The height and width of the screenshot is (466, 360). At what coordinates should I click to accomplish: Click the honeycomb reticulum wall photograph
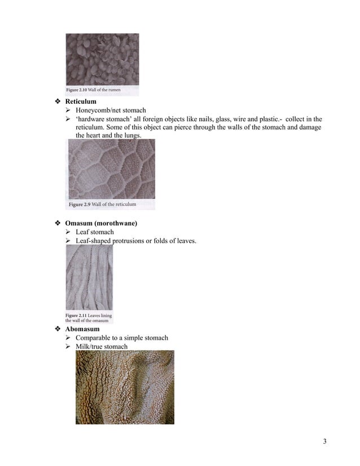(x=111, y=169)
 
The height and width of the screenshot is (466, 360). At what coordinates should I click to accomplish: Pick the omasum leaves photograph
(x=89, y=278)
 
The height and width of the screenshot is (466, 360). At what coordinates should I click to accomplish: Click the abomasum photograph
(x=125, y=387)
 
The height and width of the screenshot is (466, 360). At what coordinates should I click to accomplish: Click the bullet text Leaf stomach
(x=95, y=232)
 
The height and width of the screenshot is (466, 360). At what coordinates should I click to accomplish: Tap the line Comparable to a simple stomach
(x=122, y=338)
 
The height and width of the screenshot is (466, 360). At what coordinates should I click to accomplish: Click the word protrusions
(x=130, y=241)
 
